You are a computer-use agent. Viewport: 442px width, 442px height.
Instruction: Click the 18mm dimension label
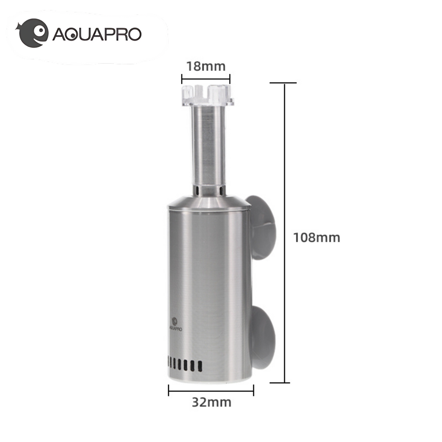coord(206,67)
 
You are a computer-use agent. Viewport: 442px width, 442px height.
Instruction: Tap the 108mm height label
coord(316,238)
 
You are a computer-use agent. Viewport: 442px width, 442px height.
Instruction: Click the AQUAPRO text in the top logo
coord(97,35)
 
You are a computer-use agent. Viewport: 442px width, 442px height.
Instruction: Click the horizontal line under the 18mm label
coord(206,79)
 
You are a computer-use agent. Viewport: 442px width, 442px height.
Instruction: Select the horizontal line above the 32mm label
coord(211,390)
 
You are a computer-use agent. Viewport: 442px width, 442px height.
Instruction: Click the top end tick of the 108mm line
coord(283,83)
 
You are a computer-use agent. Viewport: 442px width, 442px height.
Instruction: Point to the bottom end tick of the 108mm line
coord(280,383)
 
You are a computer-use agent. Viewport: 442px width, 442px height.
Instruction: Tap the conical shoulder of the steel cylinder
coord(209,201)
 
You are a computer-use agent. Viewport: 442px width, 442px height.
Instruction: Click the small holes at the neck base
coord(208,190)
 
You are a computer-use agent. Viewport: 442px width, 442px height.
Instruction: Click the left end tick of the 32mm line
coord(169,390)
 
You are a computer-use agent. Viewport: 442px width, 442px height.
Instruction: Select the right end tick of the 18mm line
coord(230,79)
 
